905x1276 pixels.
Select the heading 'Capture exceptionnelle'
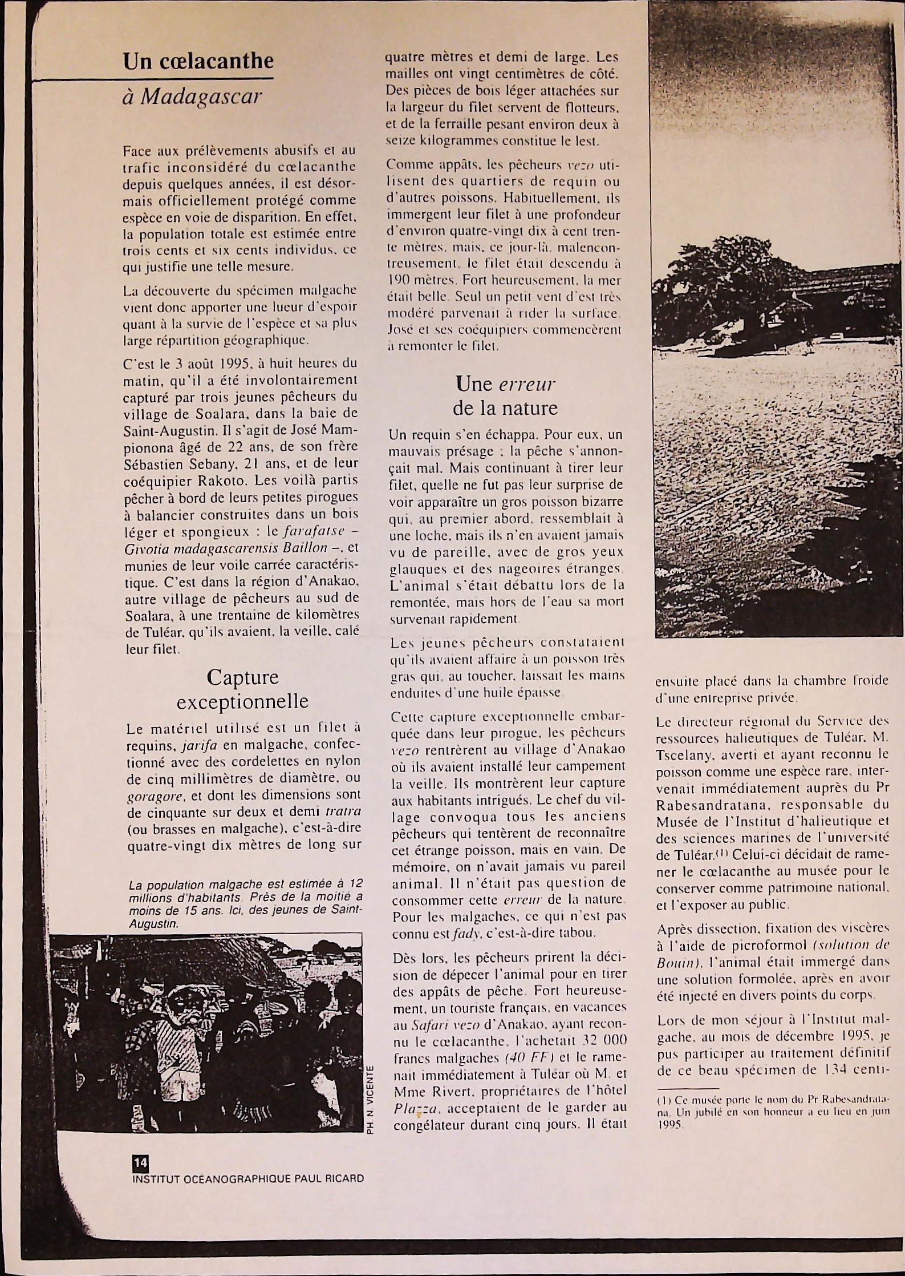(x=242, y=689)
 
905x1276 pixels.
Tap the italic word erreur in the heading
(x=526, y=384)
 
